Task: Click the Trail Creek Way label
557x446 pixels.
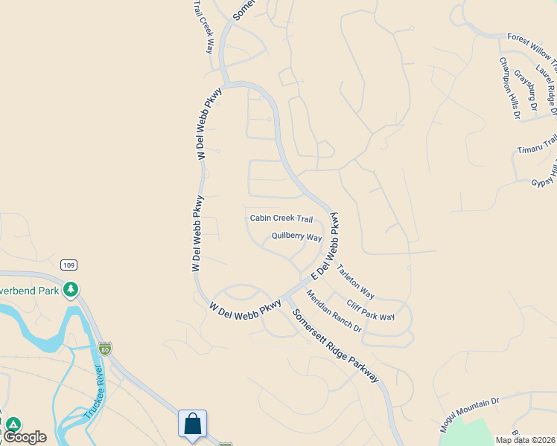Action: [203, 27]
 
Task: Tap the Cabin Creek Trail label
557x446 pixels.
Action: [281, 219]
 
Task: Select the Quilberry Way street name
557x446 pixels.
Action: [296, 237]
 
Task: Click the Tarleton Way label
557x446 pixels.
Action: [355, 280]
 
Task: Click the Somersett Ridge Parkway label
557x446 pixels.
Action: [336, 346]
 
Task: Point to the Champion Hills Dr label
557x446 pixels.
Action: [509, 88]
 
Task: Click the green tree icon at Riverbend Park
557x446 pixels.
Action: [71, 289]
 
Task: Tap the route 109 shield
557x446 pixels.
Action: [69, 265]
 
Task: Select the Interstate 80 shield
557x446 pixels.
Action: [105, 348]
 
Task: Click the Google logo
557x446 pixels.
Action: [25, 437]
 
